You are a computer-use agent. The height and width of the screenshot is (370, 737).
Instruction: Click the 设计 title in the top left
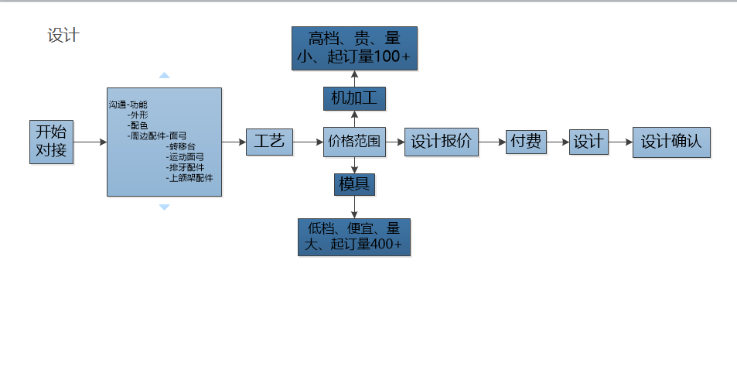63,36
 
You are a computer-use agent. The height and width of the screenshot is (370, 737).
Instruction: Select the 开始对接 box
51,142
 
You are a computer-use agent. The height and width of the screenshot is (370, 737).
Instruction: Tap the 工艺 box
269,142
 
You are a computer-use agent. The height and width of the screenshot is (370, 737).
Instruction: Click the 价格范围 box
354,142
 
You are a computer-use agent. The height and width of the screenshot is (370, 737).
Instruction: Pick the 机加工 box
353,98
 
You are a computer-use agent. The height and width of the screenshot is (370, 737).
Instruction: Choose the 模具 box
354,184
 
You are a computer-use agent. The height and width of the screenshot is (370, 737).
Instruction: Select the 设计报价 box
442,142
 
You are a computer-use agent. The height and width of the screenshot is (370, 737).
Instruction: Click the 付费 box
526,142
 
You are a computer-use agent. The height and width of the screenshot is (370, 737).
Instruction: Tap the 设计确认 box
670,142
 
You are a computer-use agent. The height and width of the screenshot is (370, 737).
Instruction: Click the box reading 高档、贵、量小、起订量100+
354,47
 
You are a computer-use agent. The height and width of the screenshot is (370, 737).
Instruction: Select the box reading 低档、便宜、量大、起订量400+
354,237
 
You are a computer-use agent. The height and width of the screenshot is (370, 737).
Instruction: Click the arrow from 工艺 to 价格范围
308,142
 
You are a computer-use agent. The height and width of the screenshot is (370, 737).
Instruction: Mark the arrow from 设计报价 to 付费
493,142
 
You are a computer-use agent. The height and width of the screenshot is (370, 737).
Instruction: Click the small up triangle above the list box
164,76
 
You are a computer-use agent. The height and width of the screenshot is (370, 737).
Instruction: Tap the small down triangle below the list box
164,207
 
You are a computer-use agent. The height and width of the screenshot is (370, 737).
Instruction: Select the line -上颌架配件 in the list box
189,178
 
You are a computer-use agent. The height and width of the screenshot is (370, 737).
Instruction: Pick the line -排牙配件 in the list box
186,167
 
